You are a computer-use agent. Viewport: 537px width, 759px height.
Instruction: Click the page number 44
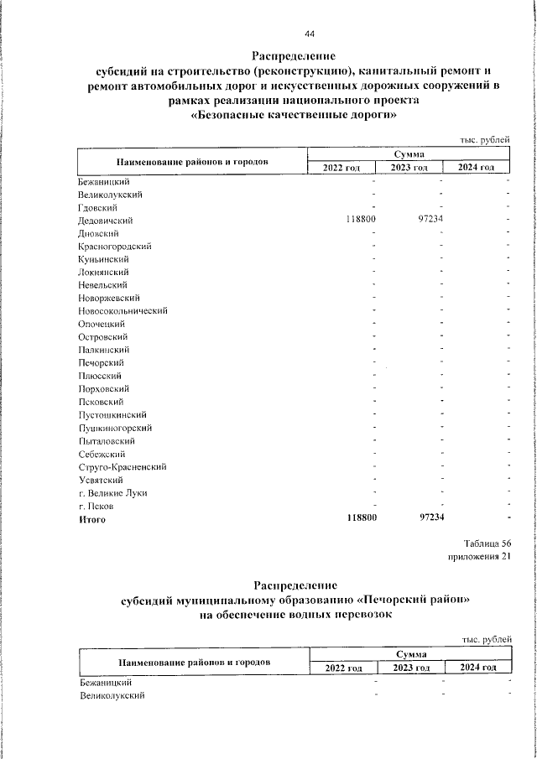point(310,34)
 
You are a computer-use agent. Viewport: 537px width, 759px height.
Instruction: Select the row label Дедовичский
point(106,221)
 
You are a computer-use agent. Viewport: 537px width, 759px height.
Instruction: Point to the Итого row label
point(92,520)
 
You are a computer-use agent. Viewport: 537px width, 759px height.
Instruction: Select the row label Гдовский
point(97,208)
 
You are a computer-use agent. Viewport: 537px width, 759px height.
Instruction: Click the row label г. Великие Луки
point(112,493)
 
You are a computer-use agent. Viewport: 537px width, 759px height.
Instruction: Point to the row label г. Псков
point(96,507)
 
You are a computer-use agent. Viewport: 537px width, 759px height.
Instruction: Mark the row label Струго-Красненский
point(123,467)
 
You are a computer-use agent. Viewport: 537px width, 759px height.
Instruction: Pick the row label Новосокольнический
point(123,311)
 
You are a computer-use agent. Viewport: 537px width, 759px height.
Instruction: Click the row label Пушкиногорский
point(114,428)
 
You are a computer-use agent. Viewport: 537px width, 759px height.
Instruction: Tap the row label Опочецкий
point(101,324)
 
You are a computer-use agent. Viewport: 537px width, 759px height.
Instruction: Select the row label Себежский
point(101,454)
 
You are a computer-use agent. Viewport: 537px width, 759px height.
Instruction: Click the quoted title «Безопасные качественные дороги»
point(294,117)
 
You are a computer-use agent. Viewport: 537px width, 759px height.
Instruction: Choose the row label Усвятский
point(100,481)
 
